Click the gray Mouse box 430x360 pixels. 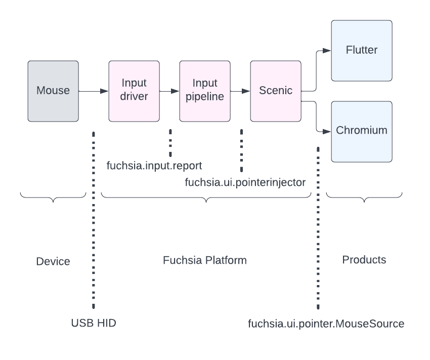coord(53,91)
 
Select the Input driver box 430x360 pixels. coord(134,91)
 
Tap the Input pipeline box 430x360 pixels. coord(205,91)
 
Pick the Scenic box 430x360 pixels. coord(276,91)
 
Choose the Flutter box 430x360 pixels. coord(362,51)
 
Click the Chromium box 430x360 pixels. coord(362,131)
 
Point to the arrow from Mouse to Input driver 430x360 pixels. coord(94,91)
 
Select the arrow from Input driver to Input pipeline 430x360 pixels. coord(169,91)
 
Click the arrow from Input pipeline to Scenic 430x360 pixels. coord(240,91)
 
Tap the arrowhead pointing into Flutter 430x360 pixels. coord(327,51)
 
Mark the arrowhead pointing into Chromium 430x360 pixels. coord(327,131)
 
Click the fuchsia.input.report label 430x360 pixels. coord(154,166)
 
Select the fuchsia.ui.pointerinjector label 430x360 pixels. coord(245,182)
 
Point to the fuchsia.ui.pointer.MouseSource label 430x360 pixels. coord(326,324)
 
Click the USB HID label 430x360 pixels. coord(94,323)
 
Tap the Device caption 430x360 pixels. coord(53,261)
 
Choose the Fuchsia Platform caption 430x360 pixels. coord(205,260)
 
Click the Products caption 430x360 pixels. coord(364,260)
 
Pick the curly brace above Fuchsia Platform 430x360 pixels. coord(206,198)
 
